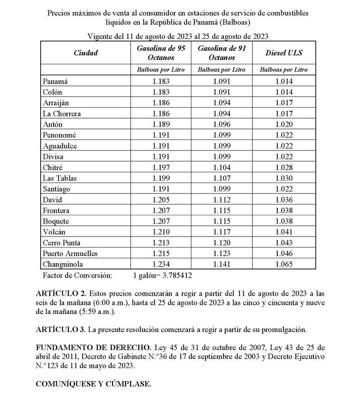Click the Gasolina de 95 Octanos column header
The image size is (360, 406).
click(162, 53)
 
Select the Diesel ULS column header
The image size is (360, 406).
click(284, 53)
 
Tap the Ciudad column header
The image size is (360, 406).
click(86, 53)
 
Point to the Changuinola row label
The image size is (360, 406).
click(63, 264)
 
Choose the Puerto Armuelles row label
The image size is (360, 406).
click(70, 254)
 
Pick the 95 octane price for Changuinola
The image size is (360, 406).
click(162, 264)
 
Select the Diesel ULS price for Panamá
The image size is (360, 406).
click(284, 81)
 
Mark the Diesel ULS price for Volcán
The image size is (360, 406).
click(284, 232)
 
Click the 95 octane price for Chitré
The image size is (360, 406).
click(162, 168)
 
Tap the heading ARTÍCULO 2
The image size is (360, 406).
click(60, 293)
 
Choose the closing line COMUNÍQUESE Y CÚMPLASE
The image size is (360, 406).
click(93, 383)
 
